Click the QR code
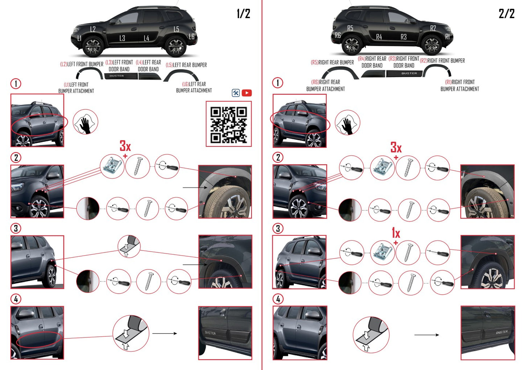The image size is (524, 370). click(x=229, y=124)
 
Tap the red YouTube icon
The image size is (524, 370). click(x=247, y=93)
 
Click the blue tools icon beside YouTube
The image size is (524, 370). click(x=236, y=93)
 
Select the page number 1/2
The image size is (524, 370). click(x=243, y=14)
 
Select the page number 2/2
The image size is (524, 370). click(x=506, y=14)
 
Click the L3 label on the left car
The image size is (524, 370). click(x=122, y=38)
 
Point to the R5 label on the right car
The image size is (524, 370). click(x=350, y=28)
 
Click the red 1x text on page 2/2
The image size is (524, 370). click(x=396, y=233)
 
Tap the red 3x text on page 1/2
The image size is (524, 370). click(x=125, y=146)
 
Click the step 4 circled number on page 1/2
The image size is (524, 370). click(x=16, y=299)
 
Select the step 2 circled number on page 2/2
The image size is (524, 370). click(x=278, y=157)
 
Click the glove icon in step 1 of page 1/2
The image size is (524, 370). click(x=86, y=122)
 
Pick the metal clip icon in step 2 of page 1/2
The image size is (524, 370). click(x=112, y=166)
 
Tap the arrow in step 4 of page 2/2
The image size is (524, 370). click(x=426, y=335)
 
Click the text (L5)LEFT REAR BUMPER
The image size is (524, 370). click(x=186, y=65)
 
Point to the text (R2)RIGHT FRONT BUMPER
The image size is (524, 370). click(x=442, y=61)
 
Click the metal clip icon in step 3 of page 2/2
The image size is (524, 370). click(x=382, y=252)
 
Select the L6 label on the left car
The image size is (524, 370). click(x=191, y=37)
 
